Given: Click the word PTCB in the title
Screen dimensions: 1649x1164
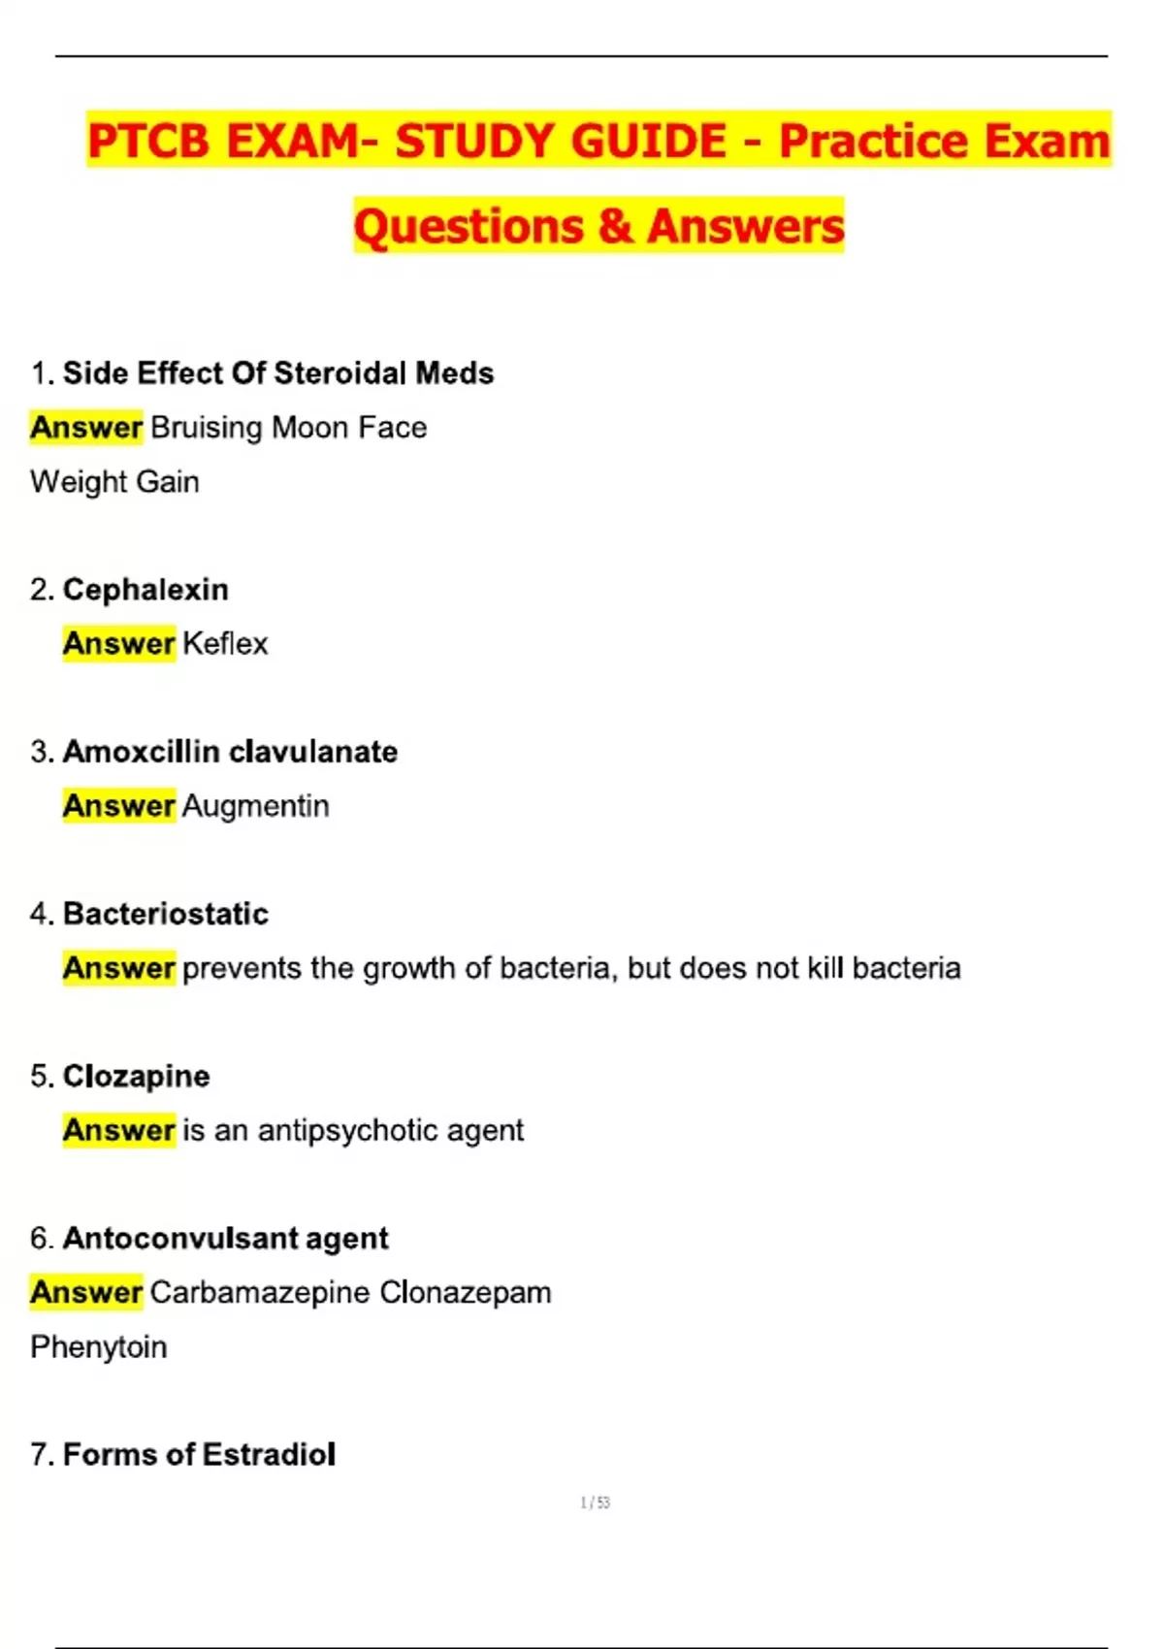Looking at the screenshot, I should point(147,141).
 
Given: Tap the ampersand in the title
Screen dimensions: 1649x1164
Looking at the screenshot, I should point(615,226).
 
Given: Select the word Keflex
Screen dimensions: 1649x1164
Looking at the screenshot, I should point(225,643).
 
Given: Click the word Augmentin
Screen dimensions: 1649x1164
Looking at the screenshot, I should point(255,806).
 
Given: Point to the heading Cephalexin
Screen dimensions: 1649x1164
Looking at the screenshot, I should point(145,590).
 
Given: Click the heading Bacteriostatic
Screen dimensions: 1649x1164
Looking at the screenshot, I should point(165,914).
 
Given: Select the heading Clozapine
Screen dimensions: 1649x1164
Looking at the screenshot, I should point(136,1076).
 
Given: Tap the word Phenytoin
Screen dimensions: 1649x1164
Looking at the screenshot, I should point(99,1346).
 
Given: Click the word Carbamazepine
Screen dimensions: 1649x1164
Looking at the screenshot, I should point(260,1292).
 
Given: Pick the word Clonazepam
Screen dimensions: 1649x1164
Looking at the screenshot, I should point(466,1292).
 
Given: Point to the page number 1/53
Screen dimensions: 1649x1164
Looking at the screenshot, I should point(595,1503).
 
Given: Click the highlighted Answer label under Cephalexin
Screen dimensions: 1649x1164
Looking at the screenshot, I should point(118,643).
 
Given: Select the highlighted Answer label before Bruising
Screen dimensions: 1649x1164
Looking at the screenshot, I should point(86,427).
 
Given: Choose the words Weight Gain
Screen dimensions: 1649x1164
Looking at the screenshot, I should point(114,481).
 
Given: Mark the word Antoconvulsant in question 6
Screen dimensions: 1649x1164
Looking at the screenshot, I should point(180,1239).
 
